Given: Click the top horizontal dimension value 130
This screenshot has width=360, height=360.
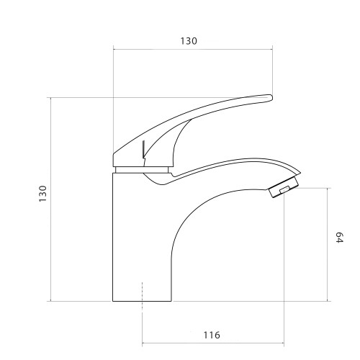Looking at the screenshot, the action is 189,41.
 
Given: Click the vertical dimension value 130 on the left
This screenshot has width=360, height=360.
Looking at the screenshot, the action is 43,194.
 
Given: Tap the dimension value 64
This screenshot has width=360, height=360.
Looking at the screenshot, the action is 339,238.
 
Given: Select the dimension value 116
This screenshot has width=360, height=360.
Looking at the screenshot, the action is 212,335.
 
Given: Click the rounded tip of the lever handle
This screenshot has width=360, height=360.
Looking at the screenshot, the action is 271,97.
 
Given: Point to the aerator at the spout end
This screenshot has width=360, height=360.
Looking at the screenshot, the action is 284,187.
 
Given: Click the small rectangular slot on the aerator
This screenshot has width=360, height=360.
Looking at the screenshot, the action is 284,190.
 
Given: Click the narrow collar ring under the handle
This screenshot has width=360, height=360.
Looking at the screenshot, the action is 142,170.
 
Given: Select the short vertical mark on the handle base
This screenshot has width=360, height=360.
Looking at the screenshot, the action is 143,149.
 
